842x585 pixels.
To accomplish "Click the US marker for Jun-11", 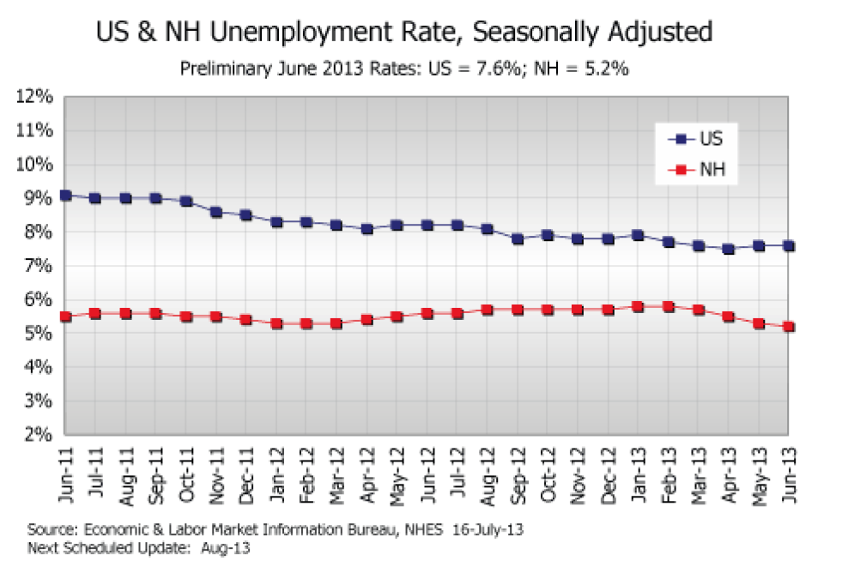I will (x=65, y=196).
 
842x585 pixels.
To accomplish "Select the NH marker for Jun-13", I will (x=789, y=327).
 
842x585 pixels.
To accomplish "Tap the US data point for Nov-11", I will (x=216, y=212).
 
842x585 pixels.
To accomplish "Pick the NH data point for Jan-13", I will (x=638, y=306).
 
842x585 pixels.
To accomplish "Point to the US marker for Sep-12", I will (x=518, y=239).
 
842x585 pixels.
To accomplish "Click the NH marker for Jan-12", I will (x=276, y=323).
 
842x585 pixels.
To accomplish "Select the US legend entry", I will (x=700, y=138).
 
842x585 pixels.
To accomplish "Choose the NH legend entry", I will (x=700, y=171).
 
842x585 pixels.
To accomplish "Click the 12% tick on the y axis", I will (x=34, y=96).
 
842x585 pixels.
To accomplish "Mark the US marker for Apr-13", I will (x=729, y=250).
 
